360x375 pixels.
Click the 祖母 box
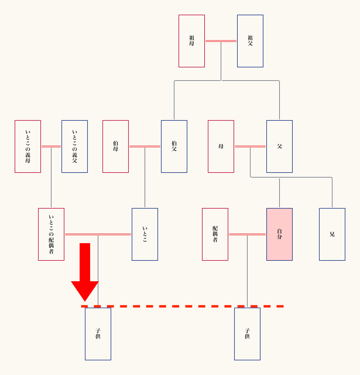click(192, 41)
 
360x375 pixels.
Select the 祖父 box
click(250, 41)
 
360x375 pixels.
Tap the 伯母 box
click(116, 146)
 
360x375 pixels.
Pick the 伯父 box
click(174, 146)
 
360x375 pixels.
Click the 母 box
click(221, 146)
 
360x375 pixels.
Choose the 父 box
click(280, 146)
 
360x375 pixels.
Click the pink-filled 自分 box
click(280, 234)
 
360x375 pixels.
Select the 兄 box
click(332, 234)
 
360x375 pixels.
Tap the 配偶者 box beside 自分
click(215, 234)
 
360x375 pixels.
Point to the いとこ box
click(145, 234)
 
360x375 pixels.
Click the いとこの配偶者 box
click(51, 234)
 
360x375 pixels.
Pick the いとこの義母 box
click(28, 146)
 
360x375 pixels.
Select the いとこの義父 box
click(75, 146)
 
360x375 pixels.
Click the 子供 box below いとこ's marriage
click(98, 334)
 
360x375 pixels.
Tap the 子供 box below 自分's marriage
click(247, 334)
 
